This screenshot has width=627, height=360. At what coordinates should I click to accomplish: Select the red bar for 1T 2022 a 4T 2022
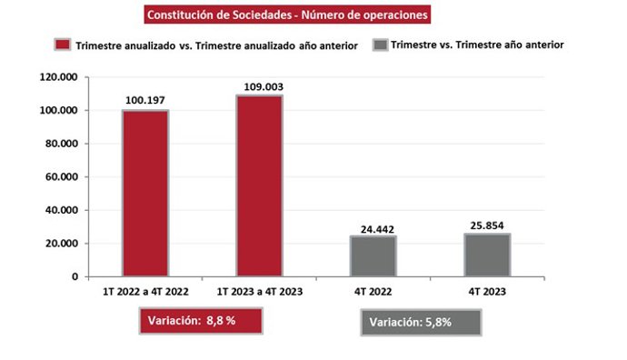click(x=145, y=193)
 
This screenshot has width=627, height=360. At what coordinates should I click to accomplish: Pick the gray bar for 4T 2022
click(x=373, y=255)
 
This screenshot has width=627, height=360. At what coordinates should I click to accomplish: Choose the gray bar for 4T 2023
click(x=487, y=255)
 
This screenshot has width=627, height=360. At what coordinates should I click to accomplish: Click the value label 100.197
click(x=145, y=100)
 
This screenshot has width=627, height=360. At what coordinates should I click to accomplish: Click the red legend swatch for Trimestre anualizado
click(x=62, y=45)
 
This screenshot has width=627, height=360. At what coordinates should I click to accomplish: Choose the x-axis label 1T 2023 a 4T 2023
click(x=259, y=292)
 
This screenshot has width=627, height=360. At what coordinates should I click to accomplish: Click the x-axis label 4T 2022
click(x=373, y=292)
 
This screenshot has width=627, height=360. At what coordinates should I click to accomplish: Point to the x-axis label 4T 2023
click(x=487, y=292)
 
